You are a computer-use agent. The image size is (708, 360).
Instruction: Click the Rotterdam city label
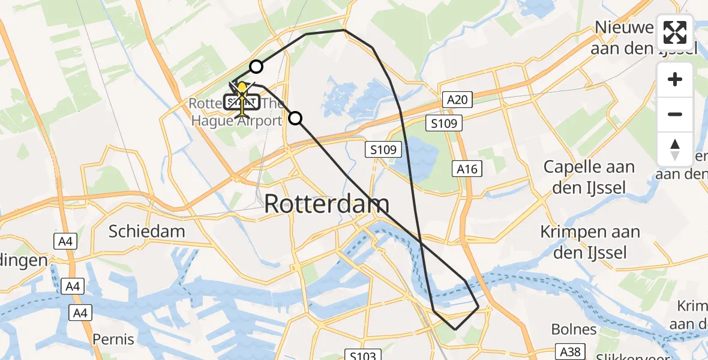[327, 204]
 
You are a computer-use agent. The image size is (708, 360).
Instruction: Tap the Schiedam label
[147, 231]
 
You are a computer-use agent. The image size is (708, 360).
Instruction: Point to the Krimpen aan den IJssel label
[590, 242]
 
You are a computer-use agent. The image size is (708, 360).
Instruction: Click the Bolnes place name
[574, 329]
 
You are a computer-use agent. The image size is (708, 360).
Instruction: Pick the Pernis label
[113, 339]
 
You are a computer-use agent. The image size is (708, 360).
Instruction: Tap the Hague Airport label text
[237, 121]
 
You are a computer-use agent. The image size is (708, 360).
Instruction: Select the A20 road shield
[457, 99]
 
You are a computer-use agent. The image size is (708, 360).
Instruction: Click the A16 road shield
[467, 169]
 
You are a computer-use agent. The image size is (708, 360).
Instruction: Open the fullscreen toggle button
[675, 32]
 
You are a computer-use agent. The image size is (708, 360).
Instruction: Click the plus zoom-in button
[675, 79]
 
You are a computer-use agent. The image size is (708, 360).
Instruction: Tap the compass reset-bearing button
[675, 149]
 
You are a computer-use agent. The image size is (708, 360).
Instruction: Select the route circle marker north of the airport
[256, 67]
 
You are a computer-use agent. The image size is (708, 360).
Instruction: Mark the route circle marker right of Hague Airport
[295, 118]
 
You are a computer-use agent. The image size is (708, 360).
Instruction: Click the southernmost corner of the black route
[455, 329]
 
